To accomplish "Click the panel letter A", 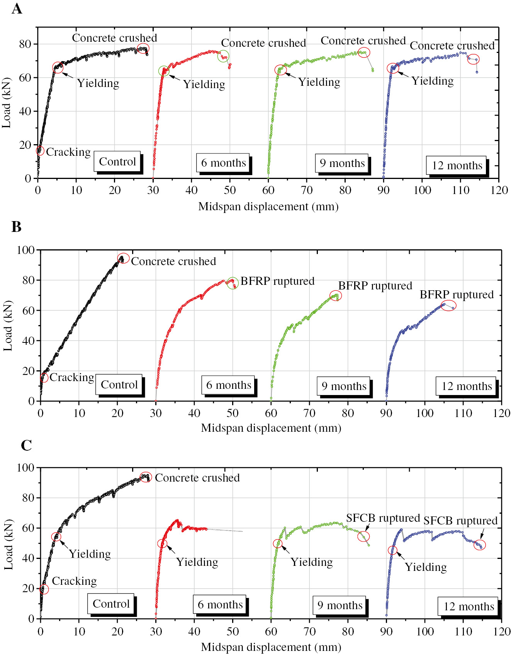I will (x=17, y=9).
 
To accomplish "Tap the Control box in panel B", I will (x=119, y=385).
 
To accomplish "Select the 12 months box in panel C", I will (x=469, y=606).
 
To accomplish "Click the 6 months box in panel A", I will (x=223, y=163).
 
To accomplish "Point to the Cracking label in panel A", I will (x=68, y=152).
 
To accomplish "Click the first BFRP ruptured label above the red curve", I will (x=277, y=281).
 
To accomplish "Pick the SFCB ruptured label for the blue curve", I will (x=460, y=521).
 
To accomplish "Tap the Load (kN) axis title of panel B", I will (x=8, y=325).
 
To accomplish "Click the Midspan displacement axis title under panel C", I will (x=271, y=647).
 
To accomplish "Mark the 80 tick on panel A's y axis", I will (x=25, y=44).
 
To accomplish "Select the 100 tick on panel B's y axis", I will (x=26, y=250).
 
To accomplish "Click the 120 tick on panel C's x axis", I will (x=501, y=632).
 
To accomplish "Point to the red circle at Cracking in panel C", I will (x=44, y=589).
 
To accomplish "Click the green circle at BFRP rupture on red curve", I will (x=233, y=283).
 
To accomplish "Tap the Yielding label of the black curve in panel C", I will (x=90, y=554).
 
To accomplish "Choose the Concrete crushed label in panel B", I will (x=173, y=261).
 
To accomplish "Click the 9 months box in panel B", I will (x=344, y=386).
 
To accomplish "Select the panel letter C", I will (x=26, y=445).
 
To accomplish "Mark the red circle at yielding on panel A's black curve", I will (x=58, y=67).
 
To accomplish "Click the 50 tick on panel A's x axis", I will (x=230, y=190).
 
